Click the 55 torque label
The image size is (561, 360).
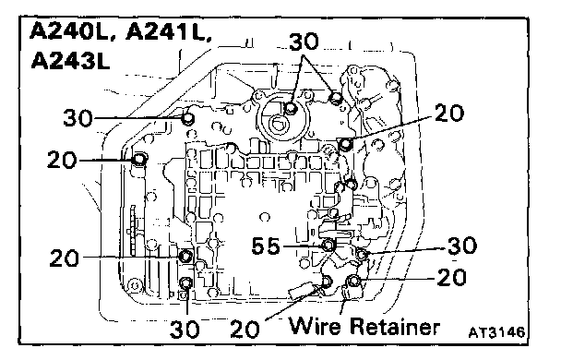(266, 246)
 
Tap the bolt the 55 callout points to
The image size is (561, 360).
(328, 246)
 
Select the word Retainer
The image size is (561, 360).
(395, 326)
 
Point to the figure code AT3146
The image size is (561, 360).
(496, 332)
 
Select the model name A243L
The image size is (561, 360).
(70, 60)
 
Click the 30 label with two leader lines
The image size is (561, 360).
(304, 42)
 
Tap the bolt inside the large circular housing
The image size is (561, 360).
(291, 108)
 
